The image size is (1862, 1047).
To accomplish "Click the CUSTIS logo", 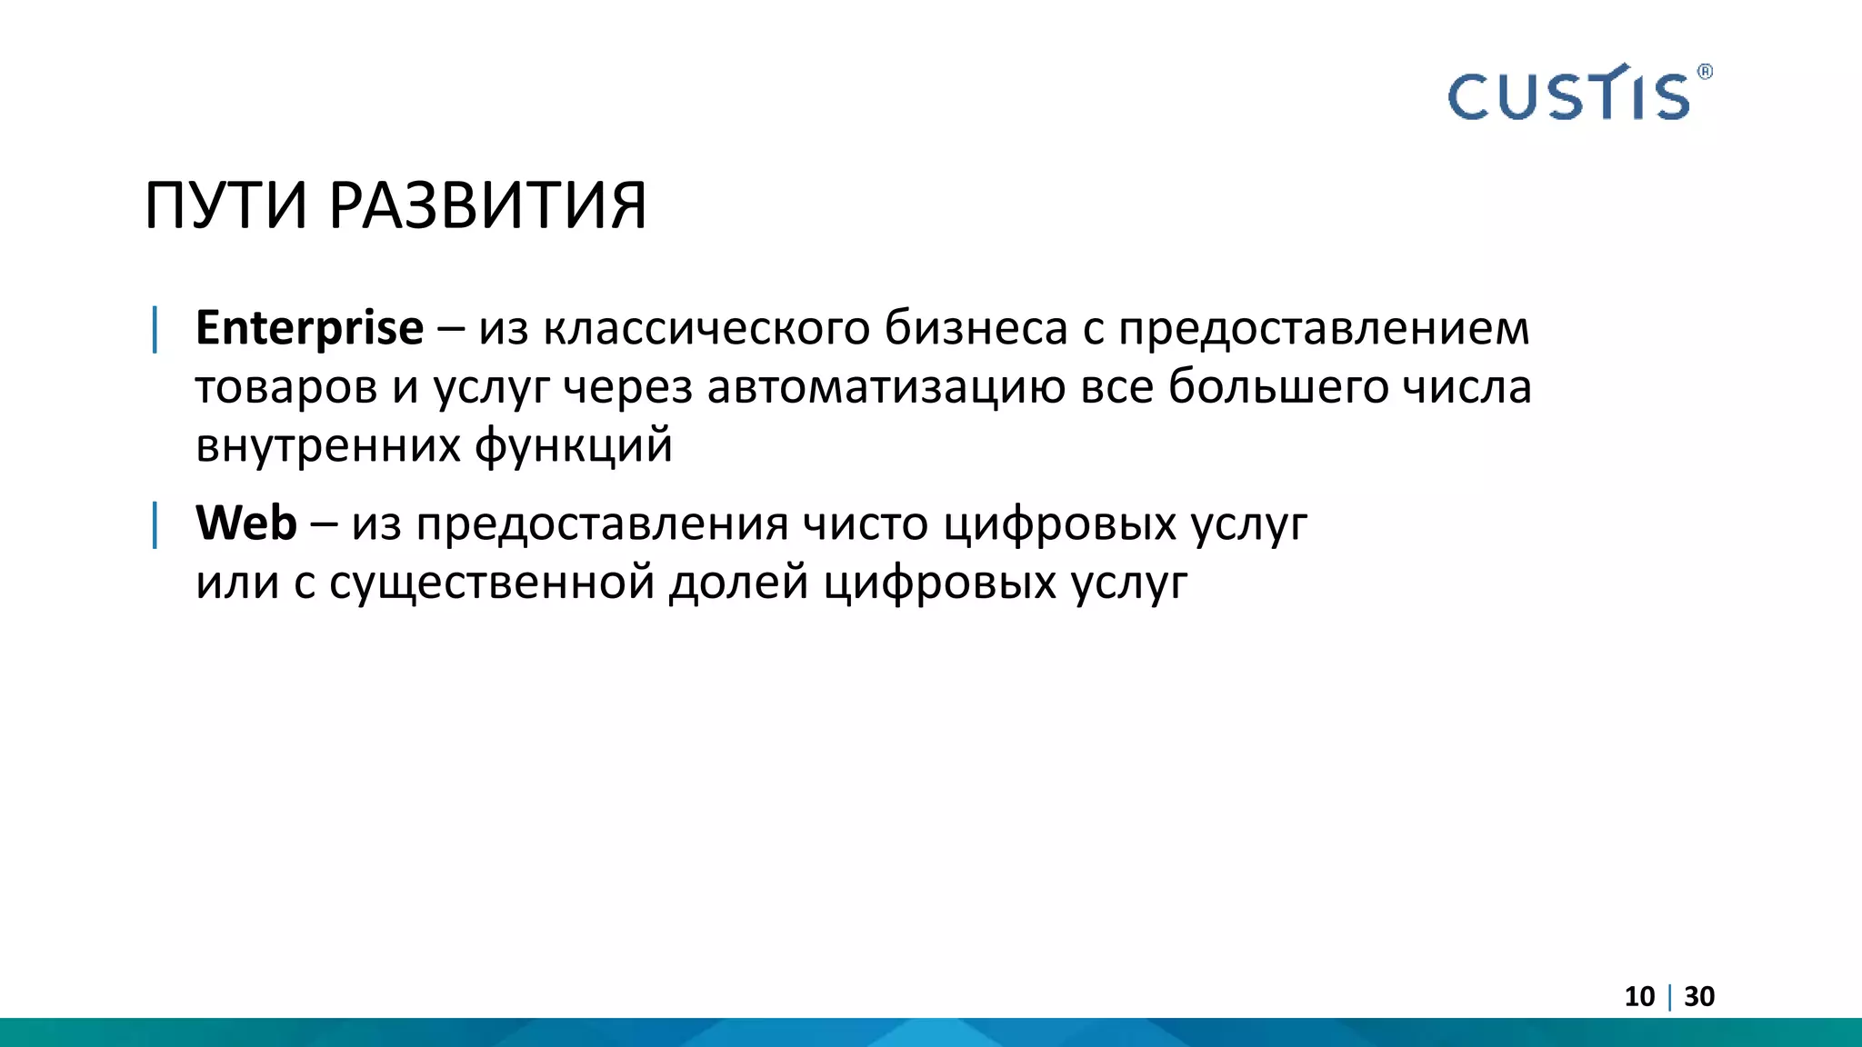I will click(x=1568, y=95).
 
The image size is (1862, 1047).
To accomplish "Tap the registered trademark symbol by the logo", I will click(x=1705, y=72).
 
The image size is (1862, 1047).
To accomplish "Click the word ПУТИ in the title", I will click(x=226, y=206).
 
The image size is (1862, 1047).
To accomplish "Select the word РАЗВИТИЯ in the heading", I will click(x=487, y=206).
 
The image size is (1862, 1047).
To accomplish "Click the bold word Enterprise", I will click(x=309, y=328).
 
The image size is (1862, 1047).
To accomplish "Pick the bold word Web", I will click(x=246, y=523).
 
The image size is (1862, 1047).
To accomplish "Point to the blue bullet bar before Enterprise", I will click(x=155, y=329).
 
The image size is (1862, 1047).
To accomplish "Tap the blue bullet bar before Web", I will click(x=155, y=524).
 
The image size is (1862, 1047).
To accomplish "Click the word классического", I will click(x=706, y=328).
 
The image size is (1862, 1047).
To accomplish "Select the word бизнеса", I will click(x=976, y=328).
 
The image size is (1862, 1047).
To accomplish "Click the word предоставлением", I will click(x=1324, y=328).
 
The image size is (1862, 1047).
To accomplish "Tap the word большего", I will click(x=1277, y=387).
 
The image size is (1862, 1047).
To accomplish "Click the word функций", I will click(x=574, y=446).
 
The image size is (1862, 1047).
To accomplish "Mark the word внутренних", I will click(x=328, y=446).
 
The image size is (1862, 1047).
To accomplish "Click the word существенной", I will click(x=492, y=583).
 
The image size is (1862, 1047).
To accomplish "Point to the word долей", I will click(x=738, y=583).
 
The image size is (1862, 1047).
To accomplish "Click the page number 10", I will click(x=1639, y=997).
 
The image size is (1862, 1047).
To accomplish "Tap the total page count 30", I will click(x=1699, y=997).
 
